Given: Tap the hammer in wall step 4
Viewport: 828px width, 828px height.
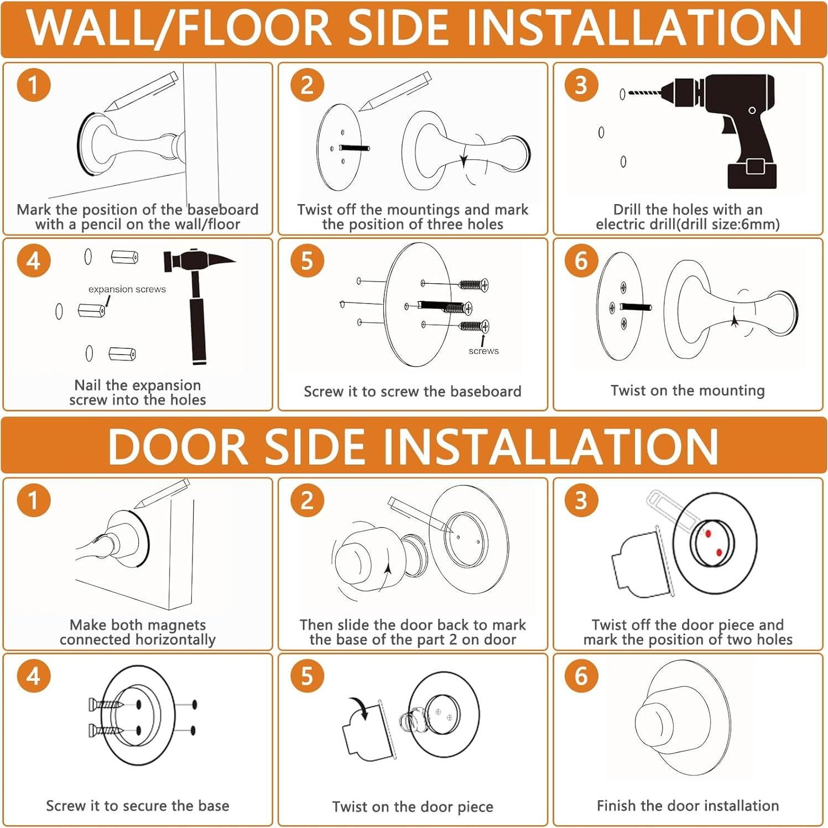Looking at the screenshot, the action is tap(196, 299).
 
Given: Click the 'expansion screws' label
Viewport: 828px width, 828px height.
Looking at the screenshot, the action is tap(127, 289).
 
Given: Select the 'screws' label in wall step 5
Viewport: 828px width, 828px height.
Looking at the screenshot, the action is tap(483, 351).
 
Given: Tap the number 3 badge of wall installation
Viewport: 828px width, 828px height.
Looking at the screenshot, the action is tap(581, 85).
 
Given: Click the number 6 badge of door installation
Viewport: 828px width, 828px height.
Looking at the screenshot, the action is tap(581, 676).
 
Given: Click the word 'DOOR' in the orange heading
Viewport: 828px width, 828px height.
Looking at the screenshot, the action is tap(178, 446).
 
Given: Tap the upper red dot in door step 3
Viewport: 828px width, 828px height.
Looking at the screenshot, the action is tap(707, 534).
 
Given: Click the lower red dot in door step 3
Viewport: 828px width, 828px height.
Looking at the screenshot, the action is tap(719, 553).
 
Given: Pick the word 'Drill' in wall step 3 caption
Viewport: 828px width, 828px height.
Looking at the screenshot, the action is tap(628, 210).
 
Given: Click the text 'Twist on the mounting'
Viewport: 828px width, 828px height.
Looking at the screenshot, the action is tap(688, 390).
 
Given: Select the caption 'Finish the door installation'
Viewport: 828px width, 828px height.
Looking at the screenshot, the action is tap(688, 805).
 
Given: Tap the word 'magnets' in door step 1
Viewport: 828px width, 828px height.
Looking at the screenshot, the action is tap(178, 625).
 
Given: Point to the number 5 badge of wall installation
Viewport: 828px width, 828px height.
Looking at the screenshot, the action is tap(307, 261).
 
